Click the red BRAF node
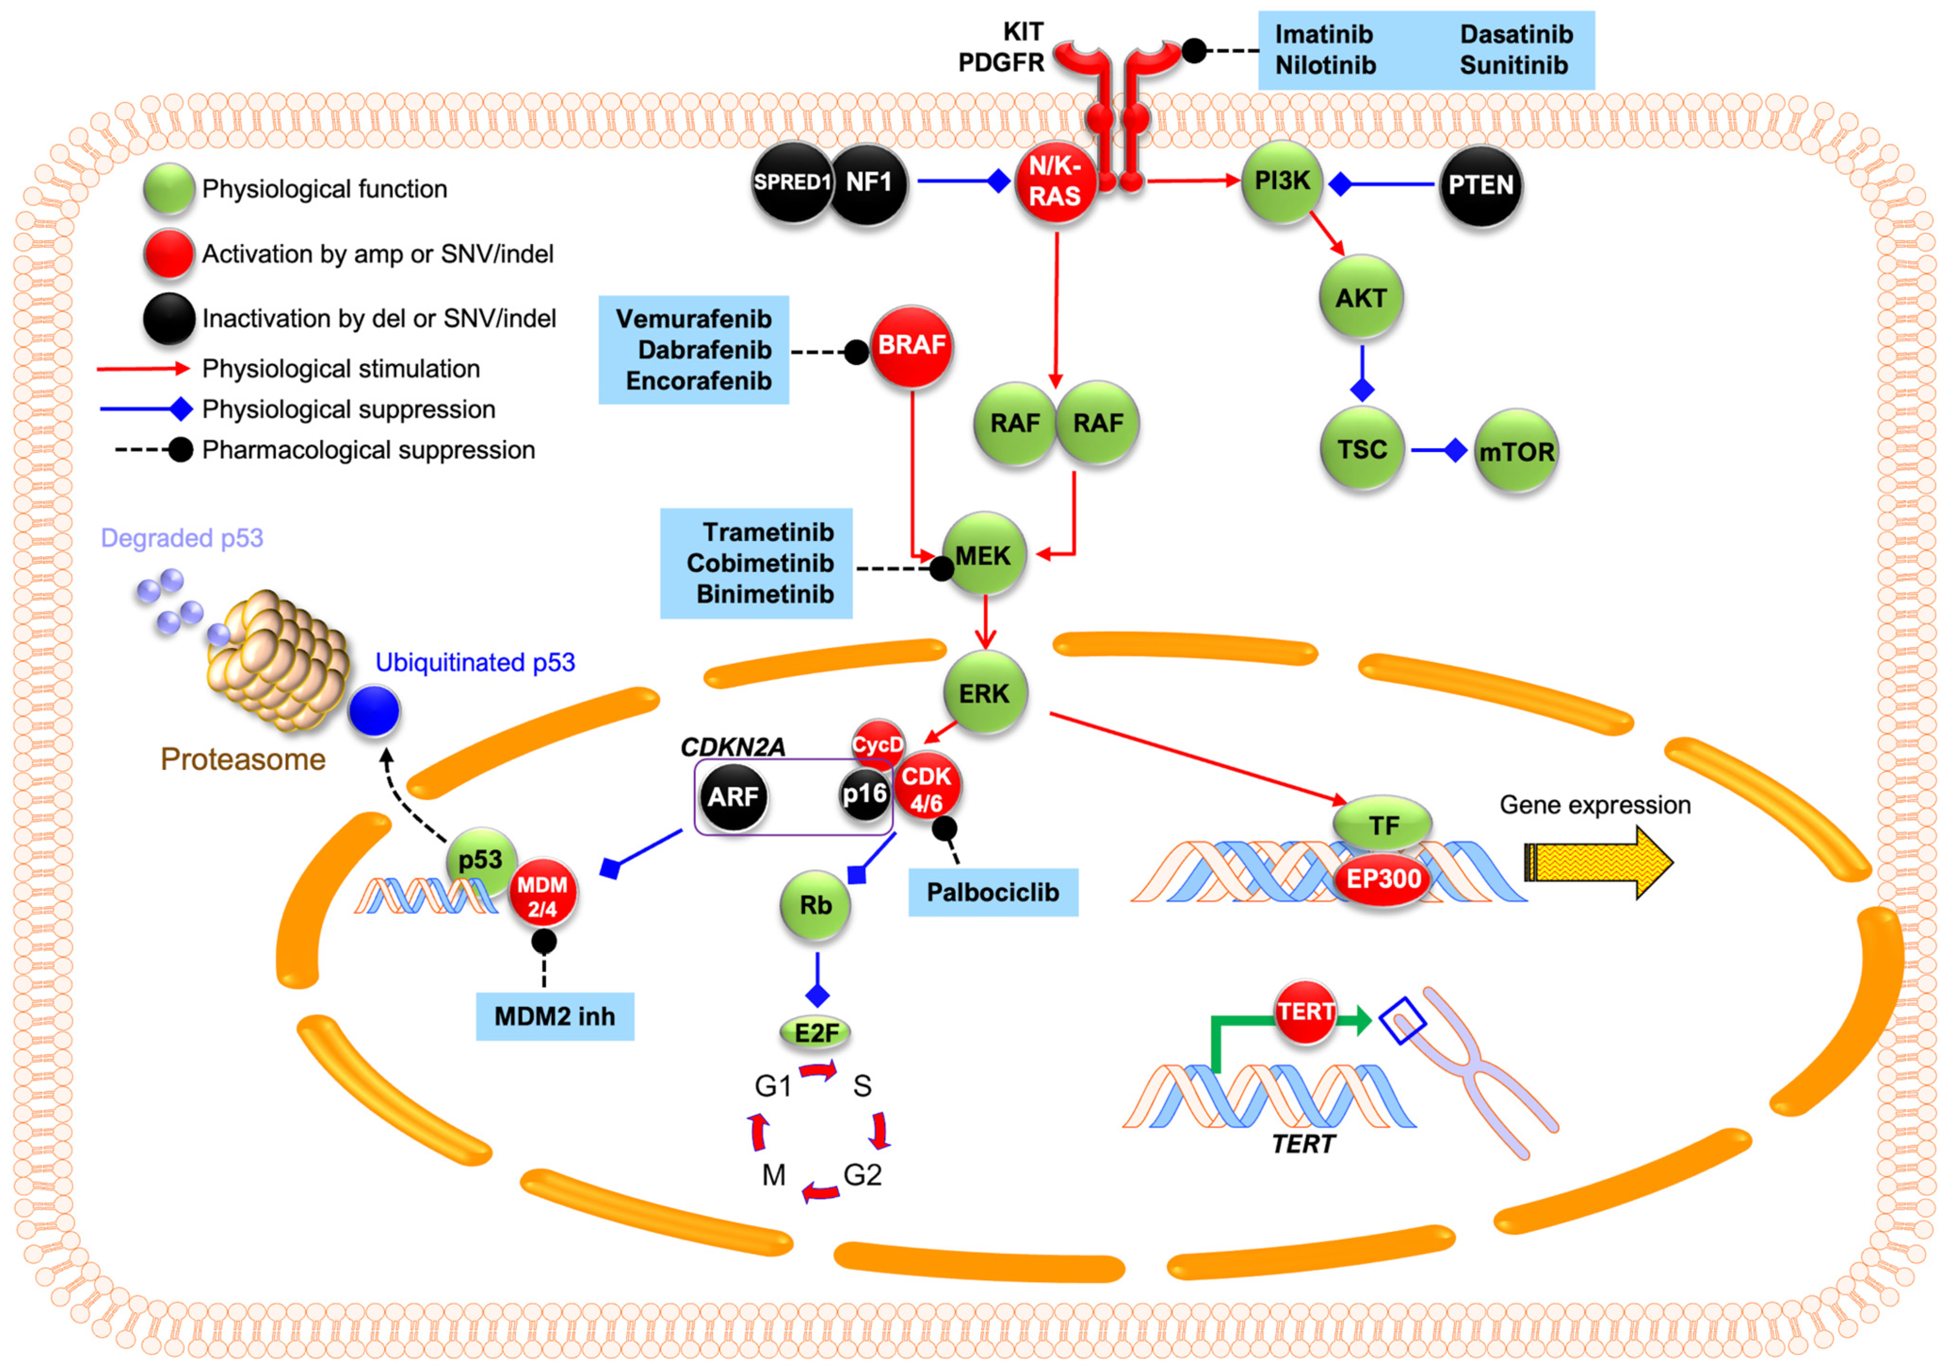pyautogui.click(x=910, y=346)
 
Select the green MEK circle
pyautogui.click(x=984, y=555)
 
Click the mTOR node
pyautogui.click(x=1516, y=452)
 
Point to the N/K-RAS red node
pyautogui.click(x=1055, y=182)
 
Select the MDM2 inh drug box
pyautogui.click(x=554, y=1016)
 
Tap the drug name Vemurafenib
pyautogui.click(x=694, y=319)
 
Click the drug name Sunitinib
pyautogui.click(x=1513, y=65)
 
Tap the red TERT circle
pyautogui.click(x=1305, y=1012)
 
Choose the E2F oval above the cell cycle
pyautogui.click(x=815, y=1033)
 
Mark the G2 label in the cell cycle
pyautogui.click(x=862, y=1175)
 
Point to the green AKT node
pyautogui.click(x=1361, y=298)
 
